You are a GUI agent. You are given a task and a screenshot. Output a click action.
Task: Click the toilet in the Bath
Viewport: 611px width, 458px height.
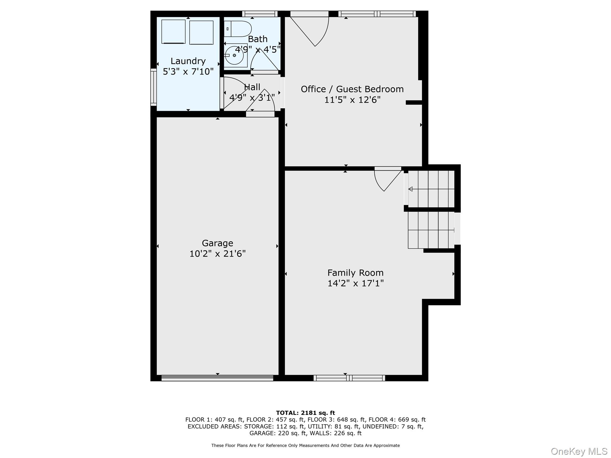coord(238,29)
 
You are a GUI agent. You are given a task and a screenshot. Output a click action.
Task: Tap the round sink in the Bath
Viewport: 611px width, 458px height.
coord(234,55)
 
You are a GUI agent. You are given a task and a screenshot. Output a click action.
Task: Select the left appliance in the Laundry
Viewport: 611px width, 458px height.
coord(173,32)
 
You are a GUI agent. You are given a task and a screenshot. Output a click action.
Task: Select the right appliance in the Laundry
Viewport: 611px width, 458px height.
coord(201,33)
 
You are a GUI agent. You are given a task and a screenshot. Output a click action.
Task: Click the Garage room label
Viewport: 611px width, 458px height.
coord(217,243)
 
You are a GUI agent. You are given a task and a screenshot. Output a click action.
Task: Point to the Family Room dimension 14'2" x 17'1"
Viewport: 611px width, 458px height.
coord(355,283)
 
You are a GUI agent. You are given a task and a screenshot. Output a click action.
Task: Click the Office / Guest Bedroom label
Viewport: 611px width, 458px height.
coord(352,89)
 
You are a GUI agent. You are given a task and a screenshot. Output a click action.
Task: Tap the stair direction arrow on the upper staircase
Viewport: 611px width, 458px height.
coord(411,189)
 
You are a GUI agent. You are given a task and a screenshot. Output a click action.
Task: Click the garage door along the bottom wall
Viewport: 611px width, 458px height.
coord(217,378)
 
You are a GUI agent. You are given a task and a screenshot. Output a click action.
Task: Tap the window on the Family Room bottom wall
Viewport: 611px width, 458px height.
coord(349,378)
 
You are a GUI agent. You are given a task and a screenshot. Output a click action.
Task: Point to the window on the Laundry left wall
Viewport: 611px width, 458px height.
coord(153,87)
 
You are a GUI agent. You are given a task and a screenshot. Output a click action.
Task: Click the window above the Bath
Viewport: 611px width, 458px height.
coord(260,14)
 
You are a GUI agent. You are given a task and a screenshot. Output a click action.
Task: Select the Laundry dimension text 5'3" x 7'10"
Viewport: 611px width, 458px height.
coord(188,72)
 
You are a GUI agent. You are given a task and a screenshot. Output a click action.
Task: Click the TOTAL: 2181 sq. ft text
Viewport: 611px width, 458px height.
coord(305,413)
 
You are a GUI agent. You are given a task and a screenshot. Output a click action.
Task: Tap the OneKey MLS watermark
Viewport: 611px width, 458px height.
coord(579,451)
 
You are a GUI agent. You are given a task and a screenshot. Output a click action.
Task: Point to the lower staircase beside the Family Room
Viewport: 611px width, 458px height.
coord(431,230)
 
